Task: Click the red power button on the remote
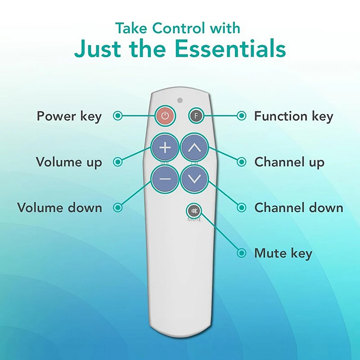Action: click(x=165, y=116)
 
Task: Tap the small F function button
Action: click(x=195, y=116)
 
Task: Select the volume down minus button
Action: click(x=165, y=179)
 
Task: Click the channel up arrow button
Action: click(x=194, y=147)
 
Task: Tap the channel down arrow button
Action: click(x=194, y=179)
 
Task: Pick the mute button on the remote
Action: click(x=194, y=211)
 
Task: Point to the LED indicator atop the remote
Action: click(x=180, y=100)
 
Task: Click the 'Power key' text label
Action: click(x=69, y=116)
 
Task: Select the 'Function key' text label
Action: click(x=293, y=116)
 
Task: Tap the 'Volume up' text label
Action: click(x=69, y=162)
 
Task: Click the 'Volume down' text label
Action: click(x=59, y=207)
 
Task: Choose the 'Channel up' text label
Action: click(x=289, y=162)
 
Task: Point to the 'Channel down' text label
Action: click(x=298, y=207)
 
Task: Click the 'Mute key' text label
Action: click(x=283, y=253)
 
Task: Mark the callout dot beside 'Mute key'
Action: click(x=242, y=253)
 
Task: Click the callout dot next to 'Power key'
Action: click(x=118, y=116)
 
